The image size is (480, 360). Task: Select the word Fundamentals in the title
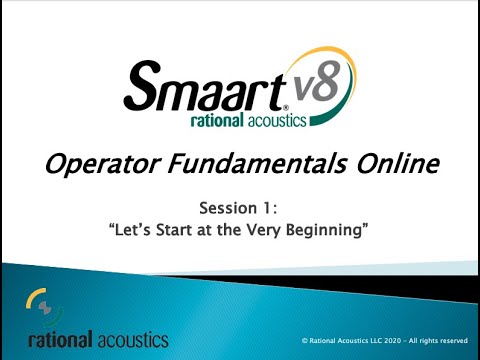pyautogui.click(x=261, y=163)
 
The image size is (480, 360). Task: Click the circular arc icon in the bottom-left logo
pyautogui.click(x=38, y=301)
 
